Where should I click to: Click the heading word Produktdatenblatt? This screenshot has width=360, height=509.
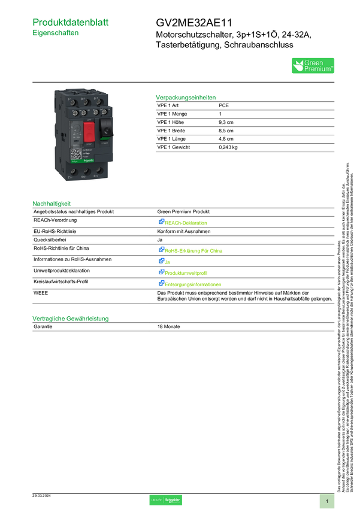coord(71,22)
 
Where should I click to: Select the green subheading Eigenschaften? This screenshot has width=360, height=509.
coord(56,34)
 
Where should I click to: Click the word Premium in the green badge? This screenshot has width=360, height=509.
coord(319,69)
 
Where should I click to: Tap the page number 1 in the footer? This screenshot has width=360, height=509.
coord(327,501)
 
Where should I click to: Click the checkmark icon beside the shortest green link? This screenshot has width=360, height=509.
coord(161,261)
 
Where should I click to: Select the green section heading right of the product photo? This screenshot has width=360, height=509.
coord(185,96)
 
